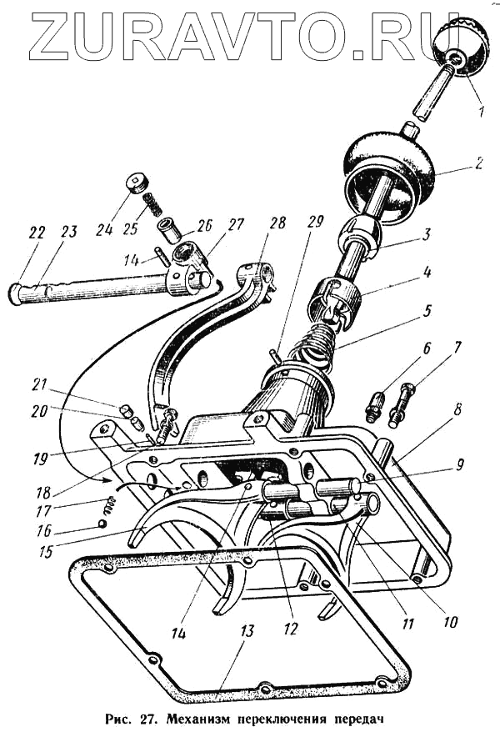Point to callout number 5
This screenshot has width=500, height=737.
pos(427,311)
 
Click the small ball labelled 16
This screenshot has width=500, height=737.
pos(102,524)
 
